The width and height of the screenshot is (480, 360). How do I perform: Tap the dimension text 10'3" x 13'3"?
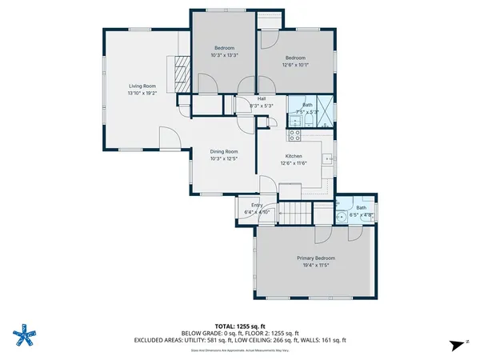(x=225, y=55)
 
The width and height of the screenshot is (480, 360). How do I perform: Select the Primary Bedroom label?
(x=315, y=258)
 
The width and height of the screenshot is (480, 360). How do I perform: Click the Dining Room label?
(x=224, y=151)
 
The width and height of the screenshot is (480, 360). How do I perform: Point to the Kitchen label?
(x=294, y=156)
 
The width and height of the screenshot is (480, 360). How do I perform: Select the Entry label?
(x=257, y=205)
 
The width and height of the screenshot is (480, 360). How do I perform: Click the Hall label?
(x=261, y=98)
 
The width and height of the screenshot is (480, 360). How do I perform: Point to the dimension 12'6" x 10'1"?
(x=296, y=65)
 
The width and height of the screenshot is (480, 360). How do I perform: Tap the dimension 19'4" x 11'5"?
(x=315, y=265)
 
